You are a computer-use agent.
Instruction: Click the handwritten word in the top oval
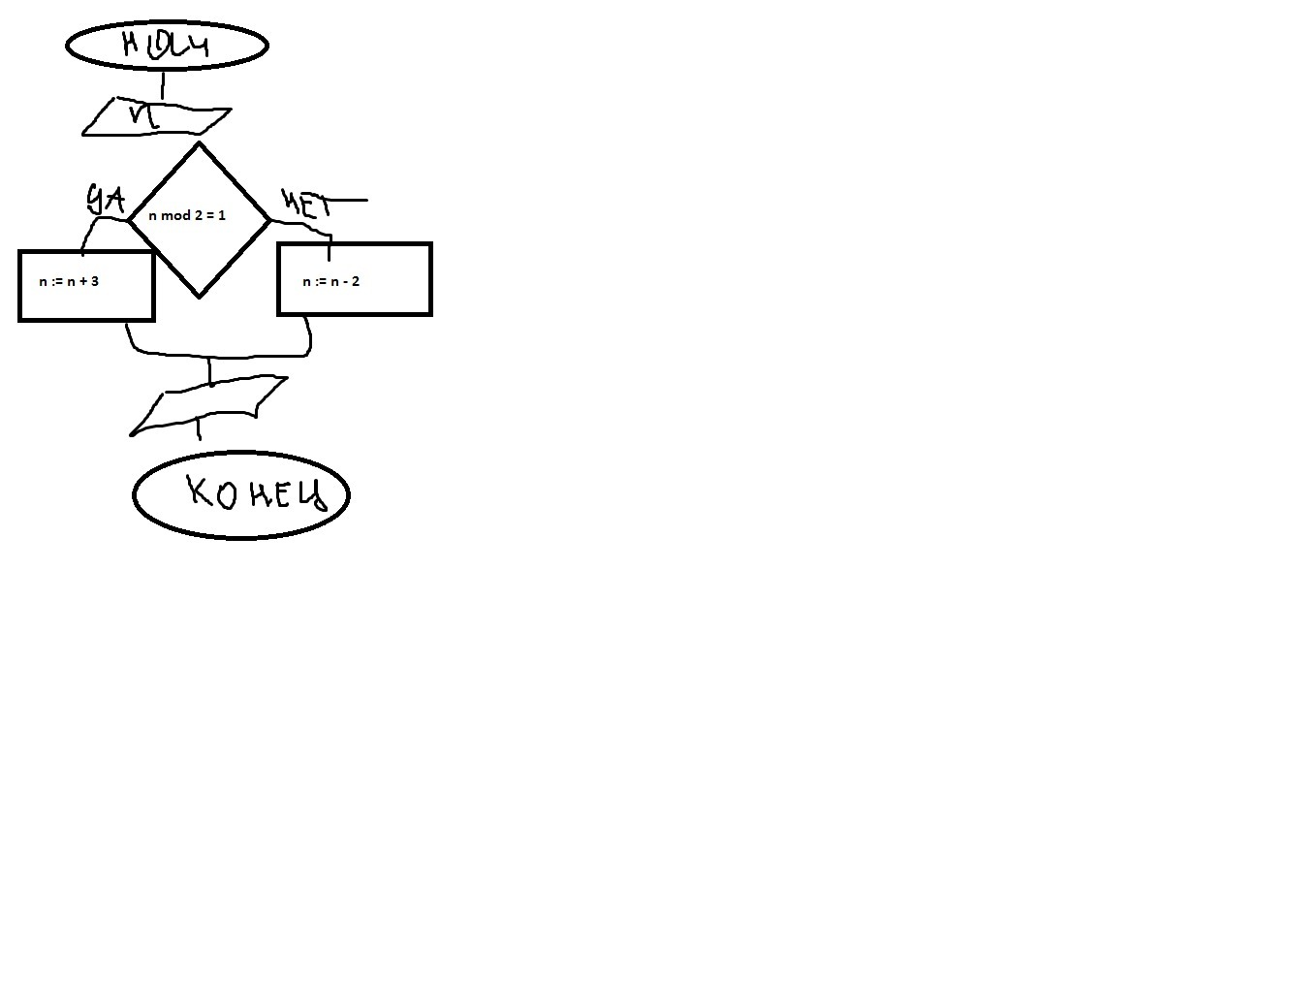tap(167, 45)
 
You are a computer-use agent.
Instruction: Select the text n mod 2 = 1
tap(187, 215)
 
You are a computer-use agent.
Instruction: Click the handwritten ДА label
tap(106, 199)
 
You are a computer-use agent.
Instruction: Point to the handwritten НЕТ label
tap(306, 204)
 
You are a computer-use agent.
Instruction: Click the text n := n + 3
tap(69, 281)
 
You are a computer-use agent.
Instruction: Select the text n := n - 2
tap(330, 281)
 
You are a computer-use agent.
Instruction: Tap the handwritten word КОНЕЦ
tap(255, 493)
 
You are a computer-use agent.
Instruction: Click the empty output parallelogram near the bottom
tap(208, 406)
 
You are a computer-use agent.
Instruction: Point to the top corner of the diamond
tap(199, 144)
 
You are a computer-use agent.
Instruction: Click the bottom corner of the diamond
tap(199, 296)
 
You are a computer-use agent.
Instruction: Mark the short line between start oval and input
tap(162, 84)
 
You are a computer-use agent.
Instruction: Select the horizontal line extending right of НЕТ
tap(349, 201)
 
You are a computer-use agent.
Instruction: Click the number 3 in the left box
tap(94, 281)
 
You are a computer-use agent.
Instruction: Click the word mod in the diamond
tap(176, 215)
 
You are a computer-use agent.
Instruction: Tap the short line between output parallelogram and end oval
tap(199, 428)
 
